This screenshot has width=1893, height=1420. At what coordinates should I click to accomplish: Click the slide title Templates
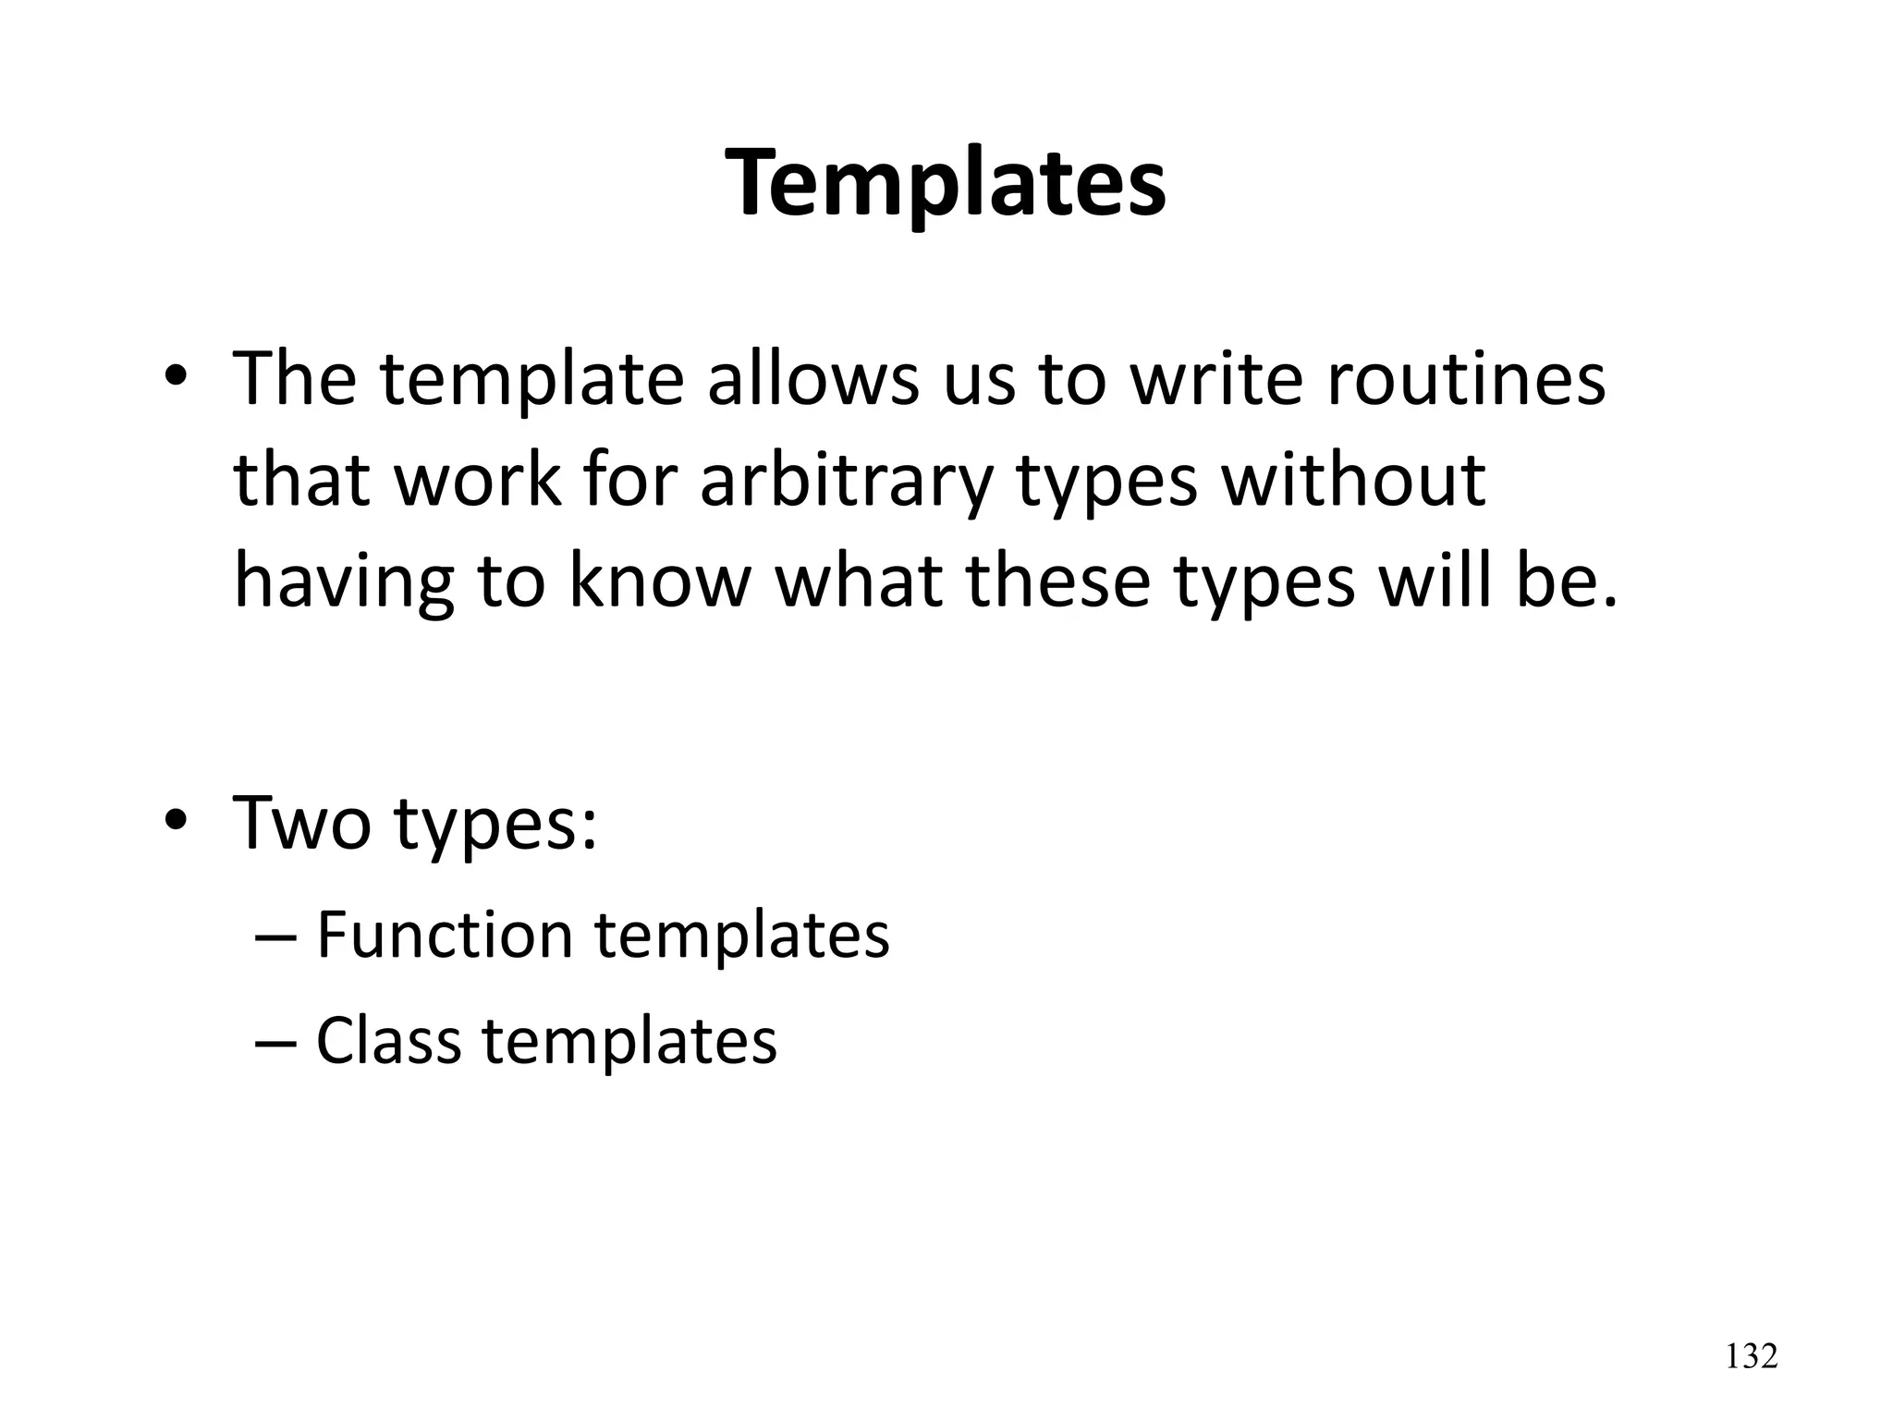click(x=946, y=185)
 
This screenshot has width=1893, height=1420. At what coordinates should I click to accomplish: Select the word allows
click(x=813, y=380)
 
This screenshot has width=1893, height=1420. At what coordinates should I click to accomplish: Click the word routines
click(x=1466, y=380)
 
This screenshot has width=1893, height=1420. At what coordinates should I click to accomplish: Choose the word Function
click(x=444, y=935)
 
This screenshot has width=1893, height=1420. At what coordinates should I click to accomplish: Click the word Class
click(x=388, y=1041)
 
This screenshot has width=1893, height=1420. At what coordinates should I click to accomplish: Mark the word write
click(x=1216, y=380)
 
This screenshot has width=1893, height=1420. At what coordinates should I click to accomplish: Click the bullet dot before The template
click(x=177, y=379)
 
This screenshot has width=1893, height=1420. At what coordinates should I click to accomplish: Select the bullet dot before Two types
click(x=177, y=820)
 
